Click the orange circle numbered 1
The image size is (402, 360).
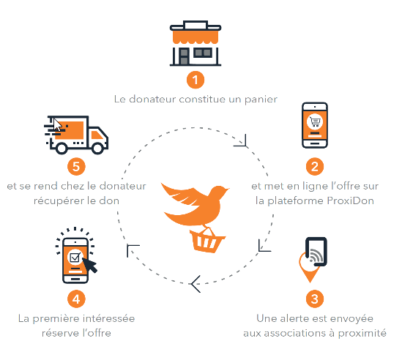point(196,80)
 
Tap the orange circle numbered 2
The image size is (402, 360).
point(315,167)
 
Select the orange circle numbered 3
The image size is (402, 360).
point(315,299)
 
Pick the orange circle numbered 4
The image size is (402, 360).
point(76,299)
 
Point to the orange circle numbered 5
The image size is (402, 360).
point(76,167)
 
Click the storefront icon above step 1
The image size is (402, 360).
point(196,43)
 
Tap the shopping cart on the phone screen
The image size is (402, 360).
point(315,121)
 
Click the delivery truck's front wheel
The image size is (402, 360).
point(97,149)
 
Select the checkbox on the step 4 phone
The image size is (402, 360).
point(75,258)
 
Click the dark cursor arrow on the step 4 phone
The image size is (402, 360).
point(90,266)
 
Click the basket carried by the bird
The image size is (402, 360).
point(207,240)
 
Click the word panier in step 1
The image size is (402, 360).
point(261,100)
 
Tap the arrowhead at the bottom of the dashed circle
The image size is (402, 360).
point(196,284)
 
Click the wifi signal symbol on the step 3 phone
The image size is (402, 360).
point(316,255)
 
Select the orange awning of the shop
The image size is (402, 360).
point(196,37)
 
